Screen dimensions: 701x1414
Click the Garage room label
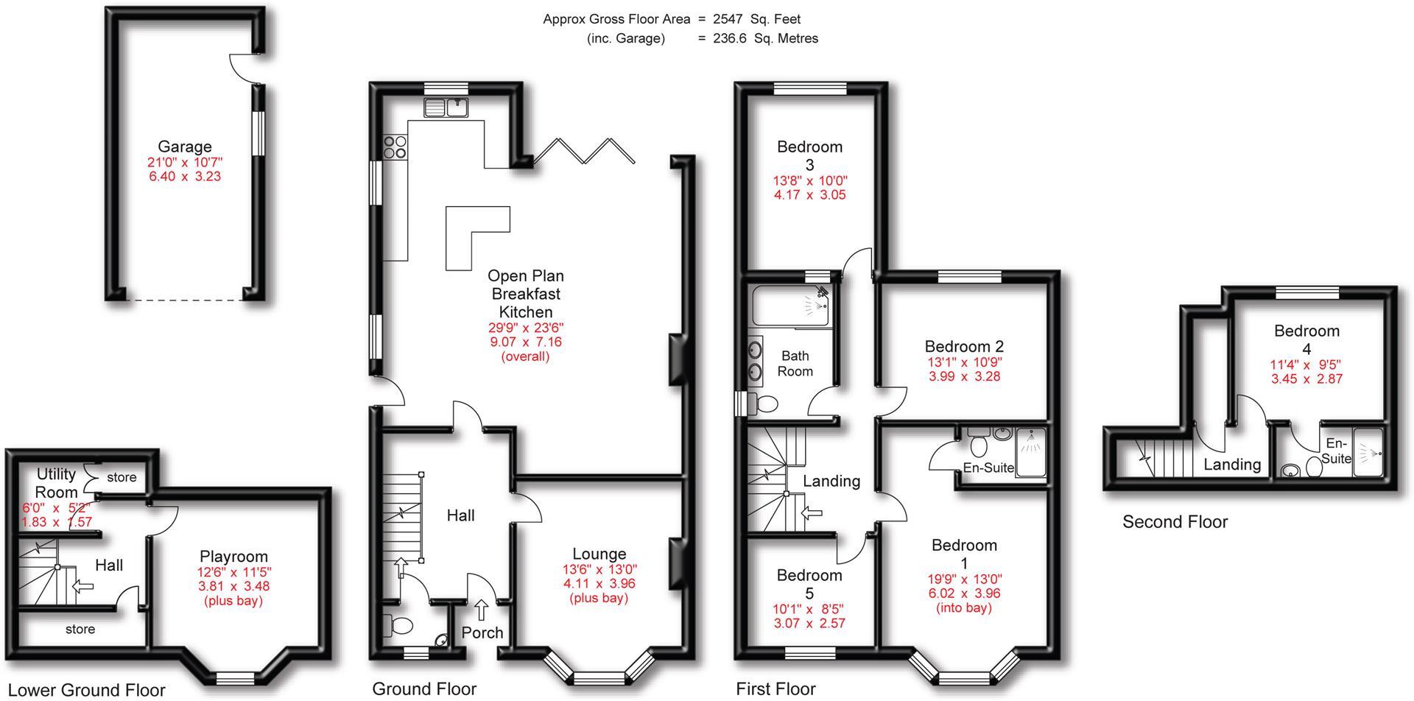[184, 147]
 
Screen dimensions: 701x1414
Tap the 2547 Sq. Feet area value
[756, 19]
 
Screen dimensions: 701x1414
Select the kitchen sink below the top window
[446, 108]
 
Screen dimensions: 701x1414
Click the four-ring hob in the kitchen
[395, 147]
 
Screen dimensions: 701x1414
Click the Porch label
[482, 633]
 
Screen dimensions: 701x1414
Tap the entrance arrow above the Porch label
[482, 609]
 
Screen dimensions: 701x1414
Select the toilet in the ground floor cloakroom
[399, 626]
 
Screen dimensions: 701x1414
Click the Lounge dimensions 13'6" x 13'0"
[599, 569]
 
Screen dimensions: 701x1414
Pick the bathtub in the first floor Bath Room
[792, 307]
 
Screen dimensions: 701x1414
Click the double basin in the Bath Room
[756, 360]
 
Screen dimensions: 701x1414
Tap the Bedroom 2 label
[964, 346]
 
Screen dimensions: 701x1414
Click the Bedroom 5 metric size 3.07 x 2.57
[809, 623]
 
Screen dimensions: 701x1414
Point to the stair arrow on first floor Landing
[812, 512]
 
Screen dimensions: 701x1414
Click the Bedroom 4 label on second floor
[1306, 339]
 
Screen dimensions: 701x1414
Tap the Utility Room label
[57, 483]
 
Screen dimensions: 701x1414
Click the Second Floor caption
[1175, 522]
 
